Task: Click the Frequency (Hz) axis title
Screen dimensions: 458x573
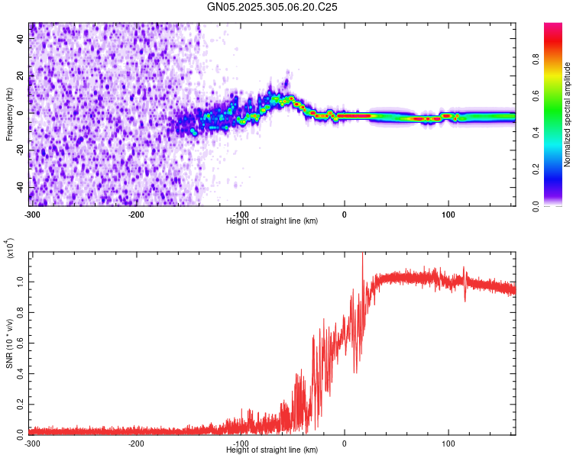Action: (9, 114)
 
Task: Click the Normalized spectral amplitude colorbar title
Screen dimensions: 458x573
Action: (568, 114)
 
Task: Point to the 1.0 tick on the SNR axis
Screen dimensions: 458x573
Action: (21, 282)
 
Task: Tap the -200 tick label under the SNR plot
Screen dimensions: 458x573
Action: (136, 443)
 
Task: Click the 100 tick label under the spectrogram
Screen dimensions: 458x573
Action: (448, 214)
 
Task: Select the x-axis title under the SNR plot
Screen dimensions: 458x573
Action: (272, 450)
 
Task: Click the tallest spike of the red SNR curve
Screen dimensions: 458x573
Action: (362, 255)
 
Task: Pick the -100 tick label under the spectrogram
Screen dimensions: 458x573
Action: (240, 214)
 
